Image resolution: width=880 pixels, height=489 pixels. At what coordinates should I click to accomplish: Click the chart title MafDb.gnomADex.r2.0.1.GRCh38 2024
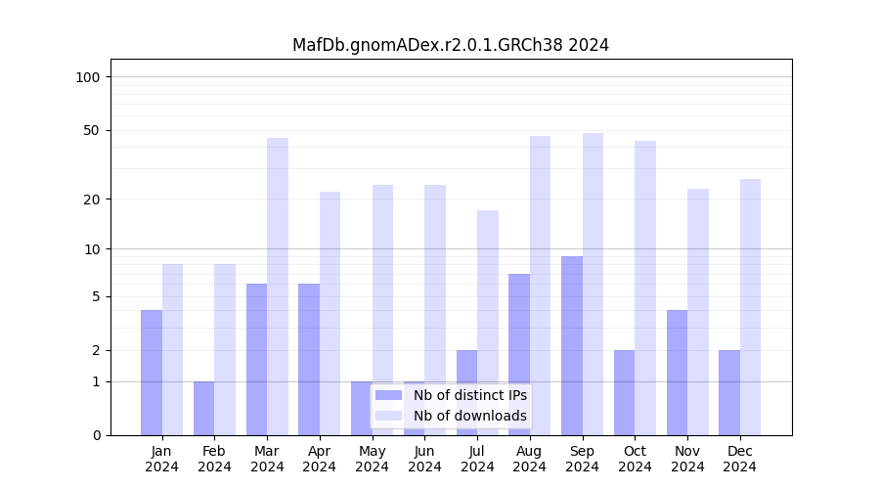click(451, 45)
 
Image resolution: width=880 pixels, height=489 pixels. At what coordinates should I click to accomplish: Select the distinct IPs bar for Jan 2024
click(152, 373)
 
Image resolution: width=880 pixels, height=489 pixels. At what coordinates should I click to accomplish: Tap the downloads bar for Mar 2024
click(278, 287)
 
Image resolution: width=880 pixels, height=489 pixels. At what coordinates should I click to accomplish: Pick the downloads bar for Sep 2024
click(593, 284)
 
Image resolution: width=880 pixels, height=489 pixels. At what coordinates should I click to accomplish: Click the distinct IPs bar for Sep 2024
click(572, 345)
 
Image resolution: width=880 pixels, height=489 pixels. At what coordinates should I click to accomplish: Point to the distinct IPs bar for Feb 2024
click(203, 408)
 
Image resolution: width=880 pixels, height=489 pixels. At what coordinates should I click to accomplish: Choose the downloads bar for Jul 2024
click(488, 323)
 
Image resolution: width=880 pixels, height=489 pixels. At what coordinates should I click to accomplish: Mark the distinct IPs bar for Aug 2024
click(519, 354)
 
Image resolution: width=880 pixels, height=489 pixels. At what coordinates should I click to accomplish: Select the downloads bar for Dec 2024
click(750, 307)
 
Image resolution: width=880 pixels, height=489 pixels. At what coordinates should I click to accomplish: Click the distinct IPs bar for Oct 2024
click(624, 392)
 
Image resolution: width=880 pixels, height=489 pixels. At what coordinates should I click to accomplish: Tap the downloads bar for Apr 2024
click(330, 313)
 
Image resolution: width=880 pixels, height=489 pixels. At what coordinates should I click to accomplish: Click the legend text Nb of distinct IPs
click(469, 395)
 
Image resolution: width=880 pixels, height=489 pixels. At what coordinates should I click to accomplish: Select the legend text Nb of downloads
click(469, 416)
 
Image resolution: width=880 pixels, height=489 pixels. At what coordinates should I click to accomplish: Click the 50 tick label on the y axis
click(91, 130)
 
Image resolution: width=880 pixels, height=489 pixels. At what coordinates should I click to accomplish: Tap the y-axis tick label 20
click(91, 200)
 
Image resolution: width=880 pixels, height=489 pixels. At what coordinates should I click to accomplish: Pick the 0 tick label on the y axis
click(96, 435)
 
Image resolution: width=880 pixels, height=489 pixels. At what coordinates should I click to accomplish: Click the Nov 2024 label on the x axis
click(687, 459)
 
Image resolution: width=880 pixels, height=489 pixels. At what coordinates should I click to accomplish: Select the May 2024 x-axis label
click(372, 459)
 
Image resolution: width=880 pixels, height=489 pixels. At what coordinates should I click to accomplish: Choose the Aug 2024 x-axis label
click(530, 459)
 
